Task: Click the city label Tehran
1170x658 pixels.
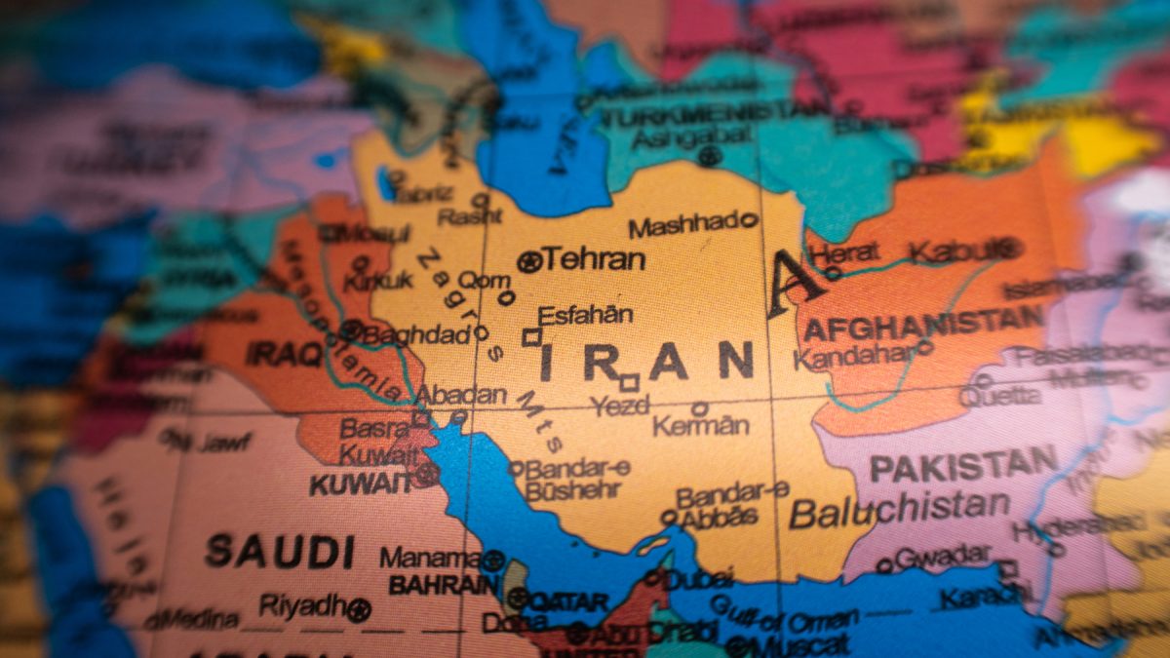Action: tap(594, 259)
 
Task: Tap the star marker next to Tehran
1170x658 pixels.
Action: tap(529, 261)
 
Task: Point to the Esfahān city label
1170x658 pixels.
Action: tap(585, 315)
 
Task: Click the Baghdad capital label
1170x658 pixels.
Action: tap(416, 335)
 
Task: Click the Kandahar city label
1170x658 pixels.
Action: tap(854, 355)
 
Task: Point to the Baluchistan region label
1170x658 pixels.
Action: tap(899, 508)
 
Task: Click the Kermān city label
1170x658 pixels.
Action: tap(701, 426)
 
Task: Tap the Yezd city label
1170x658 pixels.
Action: tap(620, 405)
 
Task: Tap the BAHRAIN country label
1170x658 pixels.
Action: tap(444, 585)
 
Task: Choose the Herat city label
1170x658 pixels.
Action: tap(846, 253)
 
